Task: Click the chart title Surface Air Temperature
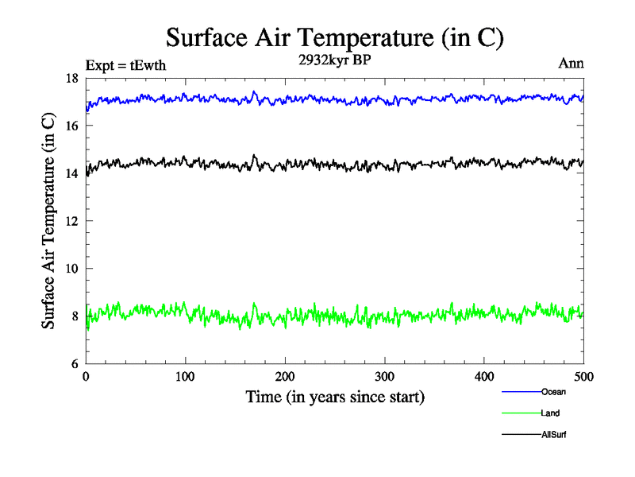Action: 335,37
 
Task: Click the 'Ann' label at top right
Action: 571,64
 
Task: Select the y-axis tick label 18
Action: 71,78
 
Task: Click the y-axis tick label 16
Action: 71,126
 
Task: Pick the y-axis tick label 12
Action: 71,221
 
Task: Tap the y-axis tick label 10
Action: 71,269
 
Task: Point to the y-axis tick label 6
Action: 74,364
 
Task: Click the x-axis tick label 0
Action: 86,376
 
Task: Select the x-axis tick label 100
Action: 186,376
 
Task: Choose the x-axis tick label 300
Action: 385,376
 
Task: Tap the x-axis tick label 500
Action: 584,376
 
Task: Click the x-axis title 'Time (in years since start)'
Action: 335,396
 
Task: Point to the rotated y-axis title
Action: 48,221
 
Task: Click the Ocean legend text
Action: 553,392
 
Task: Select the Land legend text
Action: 551,413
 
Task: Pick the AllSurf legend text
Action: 554,435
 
